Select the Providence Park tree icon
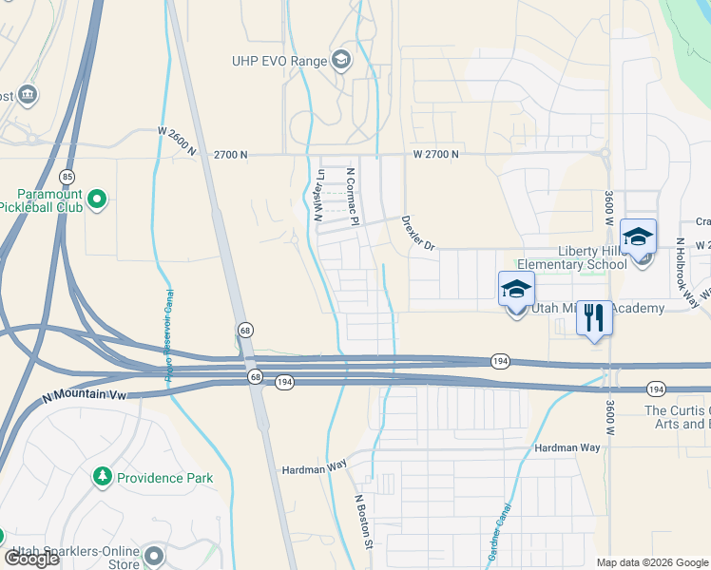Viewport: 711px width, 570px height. click(x=103, y=477)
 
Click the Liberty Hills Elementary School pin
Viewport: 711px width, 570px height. click(x=638, y=237)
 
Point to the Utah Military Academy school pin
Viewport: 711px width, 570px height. click(x=515, y=290)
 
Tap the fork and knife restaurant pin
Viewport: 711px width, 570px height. click(x=594, y=318)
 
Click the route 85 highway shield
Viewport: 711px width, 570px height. click(x=66, y=177)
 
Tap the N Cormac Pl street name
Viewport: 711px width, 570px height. click(x=352, y=197)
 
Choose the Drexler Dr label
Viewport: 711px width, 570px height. click(x=417, y=233)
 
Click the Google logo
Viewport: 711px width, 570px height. click(x=31, y=558)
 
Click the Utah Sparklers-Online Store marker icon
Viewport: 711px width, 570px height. click(x=152, y=554)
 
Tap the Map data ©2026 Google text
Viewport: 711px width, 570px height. click(x=652, y=562)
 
